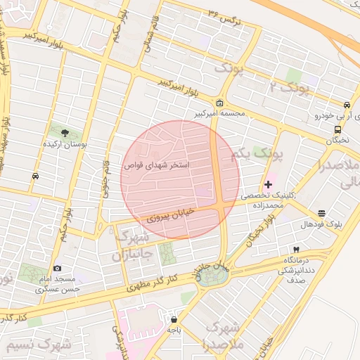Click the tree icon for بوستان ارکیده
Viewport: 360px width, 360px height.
tap(65, 132)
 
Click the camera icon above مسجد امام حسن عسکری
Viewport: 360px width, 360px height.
tap(57, 268)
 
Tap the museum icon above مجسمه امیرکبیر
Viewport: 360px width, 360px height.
tap(220, 103)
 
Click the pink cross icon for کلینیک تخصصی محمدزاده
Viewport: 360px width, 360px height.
tap(268, 184)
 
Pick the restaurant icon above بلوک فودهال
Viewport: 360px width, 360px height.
tap(322, 213)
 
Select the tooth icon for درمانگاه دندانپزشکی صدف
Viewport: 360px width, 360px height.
tap(296, 250)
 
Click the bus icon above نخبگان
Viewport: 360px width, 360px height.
tap(338, 129)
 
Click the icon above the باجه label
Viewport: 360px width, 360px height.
tap(173, 318)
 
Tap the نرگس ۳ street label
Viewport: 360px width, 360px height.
tap(225, 16)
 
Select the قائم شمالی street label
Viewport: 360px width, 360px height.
tap(150, 32)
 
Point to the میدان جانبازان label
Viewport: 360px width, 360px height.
tap(212, 271)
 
